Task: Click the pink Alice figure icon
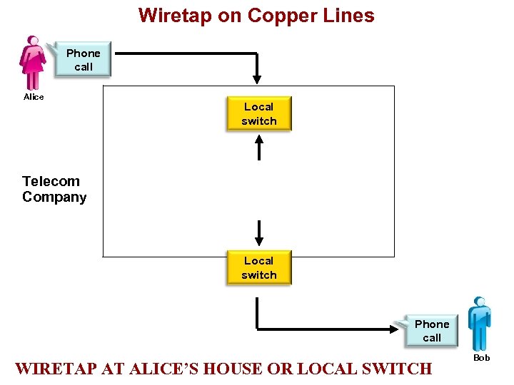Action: [x=33, y=63]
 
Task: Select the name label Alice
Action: [x=34, y=97]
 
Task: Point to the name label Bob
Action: [x=482, y=357]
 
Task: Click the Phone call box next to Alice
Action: [x=84, y=60]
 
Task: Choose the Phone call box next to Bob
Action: [x=432, y=331]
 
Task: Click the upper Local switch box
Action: [x=259, y=114]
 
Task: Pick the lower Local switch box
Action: [x=259, y=268]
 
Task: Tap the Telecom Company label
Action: [x=54, y=190]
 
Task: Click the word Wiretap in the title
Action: [x=171, y=16]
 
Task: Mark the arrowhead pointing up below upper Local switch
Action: [x=259, y=140]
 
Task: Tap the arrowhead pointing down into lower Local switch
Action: [x=259, y=240]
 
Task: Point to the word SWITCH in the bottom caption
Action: [x=398, y=369]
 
